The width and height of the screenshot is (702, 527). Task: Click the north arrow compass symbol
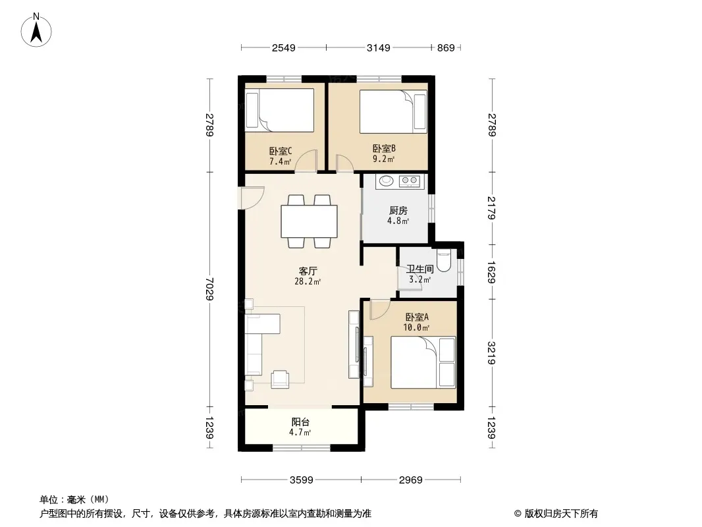click(x=36, y=30)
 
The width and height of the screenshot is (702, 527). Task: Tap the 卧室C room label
click(x=281, y=152)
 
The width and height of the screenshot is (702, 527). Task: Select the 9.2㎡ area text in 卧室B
click(x=384, y=159)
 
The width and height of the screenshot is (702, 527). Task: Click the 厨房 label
click(x=398, y=210)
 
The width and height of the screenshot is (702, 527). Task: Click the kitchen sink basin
click(x=387, y=181)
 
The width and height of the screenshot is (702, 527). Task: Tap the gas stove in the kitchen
click(x=409, y=181)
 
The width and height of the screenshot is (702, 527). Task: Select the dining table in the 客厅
click(x=309, y=221)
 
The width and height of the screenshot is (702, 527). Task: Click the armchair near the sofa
click(x=281, y=379)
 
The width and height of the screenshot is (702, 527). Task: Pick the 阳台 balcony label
click(x=300, y=422)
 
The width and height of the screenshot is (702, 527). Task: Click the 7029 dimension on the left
click(x=209, y=289)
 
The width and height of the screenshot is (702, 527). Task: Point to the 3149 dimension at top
click(x=378, y=47)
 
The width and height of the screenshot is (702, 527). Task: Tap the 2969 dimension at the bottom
click(x=410, y=480)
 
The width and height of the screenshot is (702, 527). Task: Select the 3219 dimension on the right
click(x=491, y=353)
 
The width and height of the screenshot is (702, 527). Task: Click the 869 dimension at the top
click(x=446, y=47)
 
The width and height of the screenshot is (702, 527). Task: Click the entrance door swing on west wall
click(x=253, y=198)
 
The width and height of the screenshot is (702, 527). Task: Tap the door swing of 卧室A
click(x=381, y=310)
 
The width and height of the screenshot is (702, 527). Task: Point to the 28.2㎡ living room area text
click(x=307, y=282)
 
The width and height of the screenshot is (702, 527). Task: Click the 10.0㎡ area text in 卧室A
click(x=416, y=328)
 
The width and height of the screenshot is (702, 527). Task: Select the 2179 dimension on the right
click(x=491, y=208)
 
